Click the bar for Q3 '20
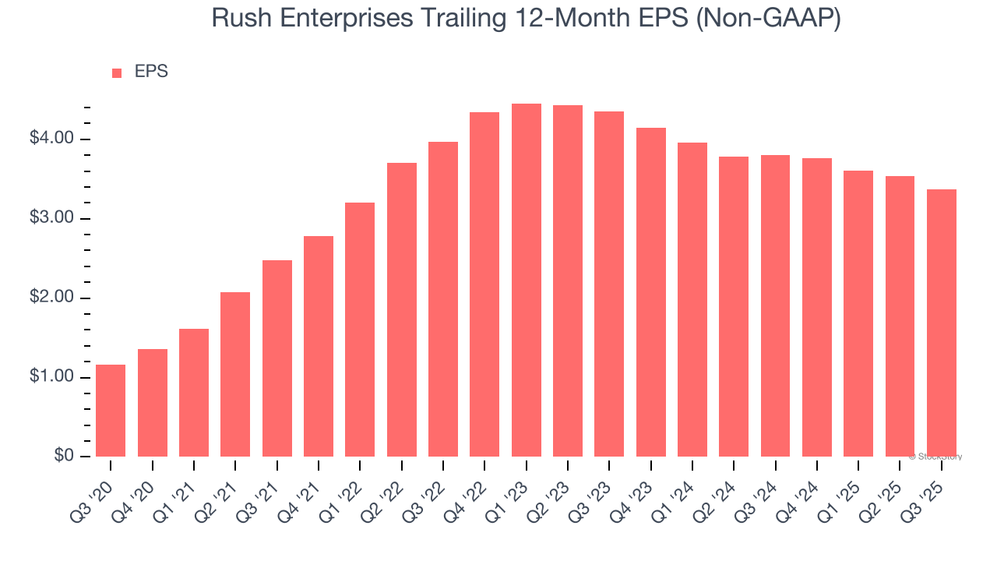click(x=111, y=411)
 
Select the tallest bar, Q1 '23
click(x=526, y=280)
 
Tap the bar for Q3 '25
click(x=941, y=323)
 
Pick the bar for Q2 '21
click(x=235, y=374)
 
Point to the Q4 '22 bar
click(x=484, y=284)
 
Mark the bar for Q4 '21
click(x=319, y=346)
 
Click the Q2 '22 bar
click(x=401, y=309)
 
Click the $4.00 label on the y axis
click(x=51, y=139)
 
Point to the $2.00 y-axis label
click(x=51, y=298)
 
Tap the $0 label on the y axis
click(x=64, y=457)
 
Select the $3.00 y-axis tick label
click(x=51, y=218)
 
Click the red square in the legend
click(x=117, y=73)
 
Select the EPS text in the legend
click(x=151, y=72)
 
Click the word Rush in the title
click(x=238, y=19)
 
